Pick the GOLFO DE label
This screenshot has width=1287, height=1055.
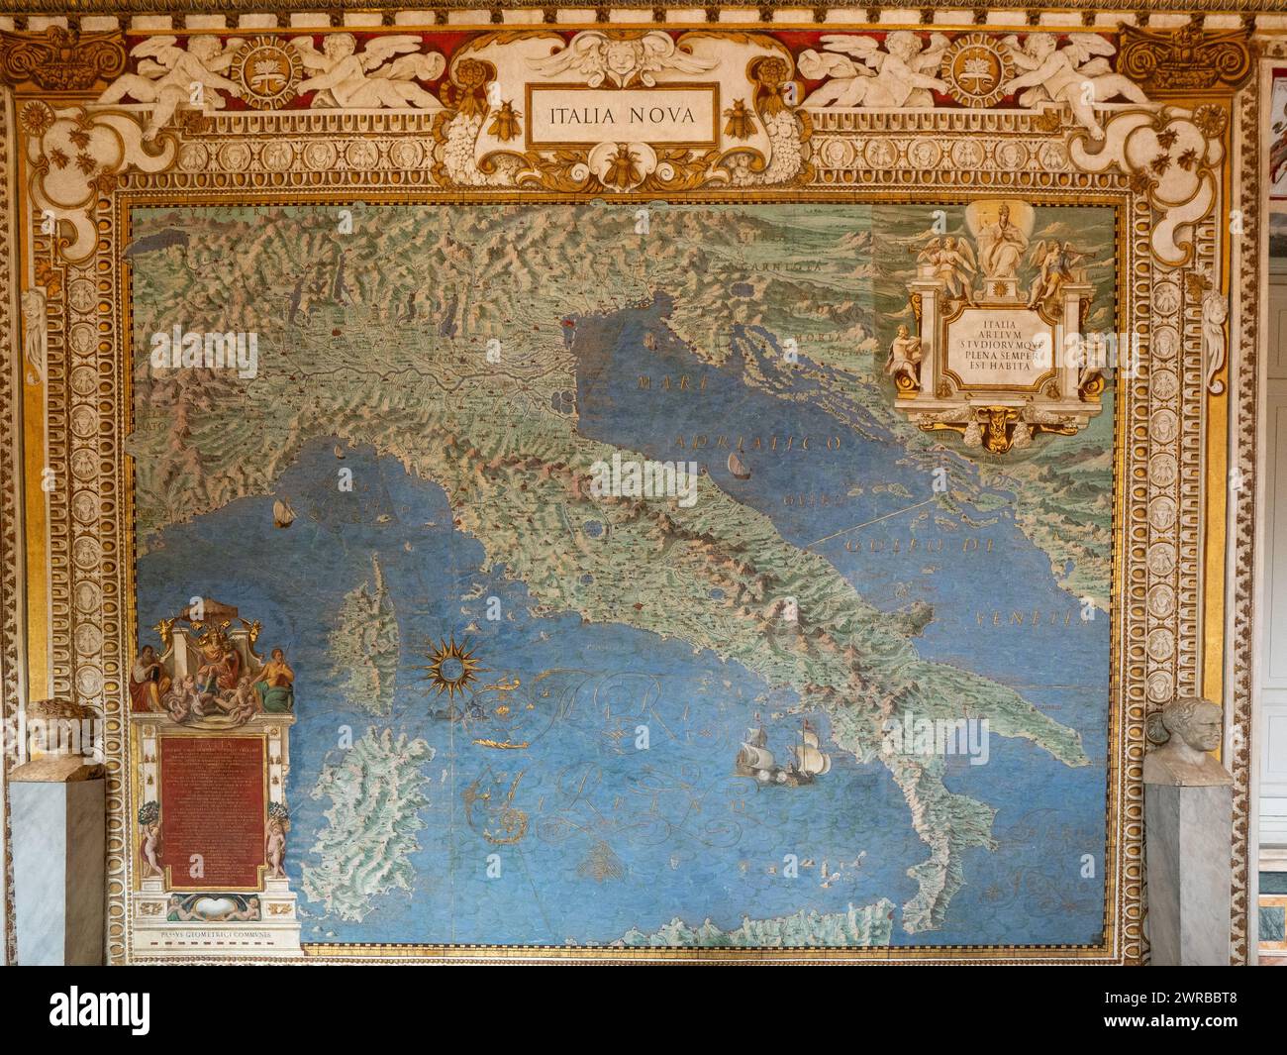coord(897,548)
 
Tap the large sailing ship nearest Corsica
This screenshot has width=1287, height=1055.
coord(281,511)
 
